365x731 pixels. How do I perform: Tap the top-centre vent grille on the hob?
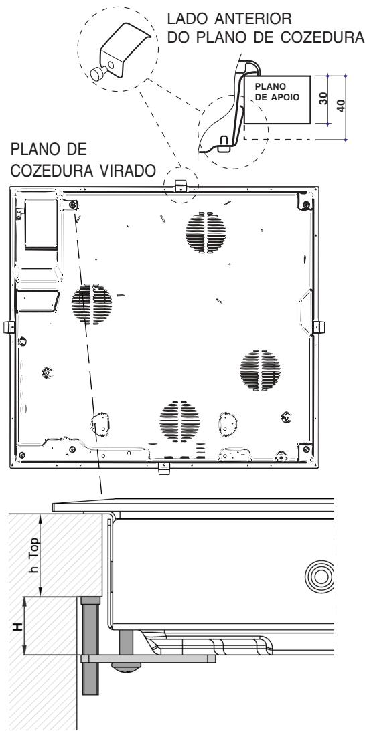click(x=206, y=233)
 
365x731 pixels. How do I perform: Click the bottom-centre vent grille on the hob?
click(x=175, y=421)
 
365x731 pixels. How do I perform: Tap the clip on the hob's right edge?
click(x=319, y=327)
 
